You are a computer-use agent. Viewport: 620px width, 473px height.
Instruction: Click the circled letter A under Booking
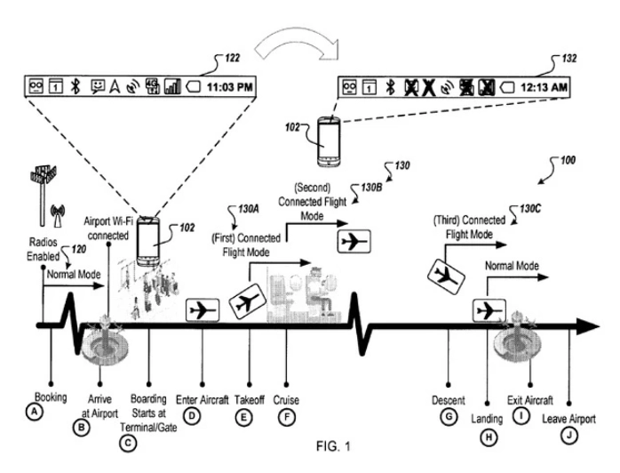[x=35, y=412]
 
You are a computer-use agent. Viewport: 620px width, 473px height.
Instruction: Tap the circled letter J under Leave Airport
[x=569, y=436]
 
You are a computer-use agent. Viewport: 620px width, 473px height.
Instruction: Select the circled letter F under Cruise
[x=287, y=417]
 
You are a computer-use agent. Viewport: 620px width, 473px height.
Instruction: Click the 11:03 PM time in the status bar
[x=230, y=86]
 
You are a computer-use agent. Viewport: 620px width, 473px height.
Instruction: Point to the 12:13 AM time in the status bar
[x=544, y=86]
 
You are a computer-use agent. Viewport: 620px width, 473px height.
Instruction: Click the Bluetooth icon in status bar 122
[x=76, y=86]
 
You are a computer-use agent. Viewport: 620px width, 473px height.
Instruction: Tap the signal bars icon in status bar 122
[x=172, y=86]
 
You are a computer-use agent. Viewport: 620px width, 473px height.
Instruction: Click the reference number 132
[x=569, y=59]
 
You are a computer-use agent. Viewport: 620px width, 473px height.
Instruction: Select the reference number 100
[x=568, y=160]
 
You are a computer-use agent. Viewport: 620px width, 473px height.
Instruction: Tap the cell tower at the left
[x=44, y=195]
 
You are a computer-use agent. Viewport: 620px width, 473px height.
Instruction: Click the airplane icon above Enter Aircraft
[x=203, y=310]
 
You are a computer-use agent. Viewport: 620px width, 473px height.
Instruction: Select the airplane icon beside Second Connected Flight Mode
[x=354, y=241]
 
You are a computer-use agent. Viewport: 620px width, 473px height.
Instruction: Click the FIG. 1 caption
[x=333, y=446]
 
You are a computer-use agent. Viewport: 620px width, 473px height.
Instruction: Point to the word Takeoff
[x=249, y=399]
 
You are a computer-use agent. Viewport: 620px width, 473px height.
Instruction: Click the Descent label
[x=448, y=401]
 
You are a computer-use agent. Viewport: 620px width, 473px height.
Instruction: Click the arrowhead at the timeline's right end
[x=588, y=326]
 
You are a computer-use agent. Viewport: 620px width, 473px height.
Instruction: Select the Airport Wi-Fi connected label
[x=108, y=228]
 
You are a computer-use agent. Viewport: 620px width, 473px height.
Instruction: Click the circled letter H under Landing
[x=489, y=437]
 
